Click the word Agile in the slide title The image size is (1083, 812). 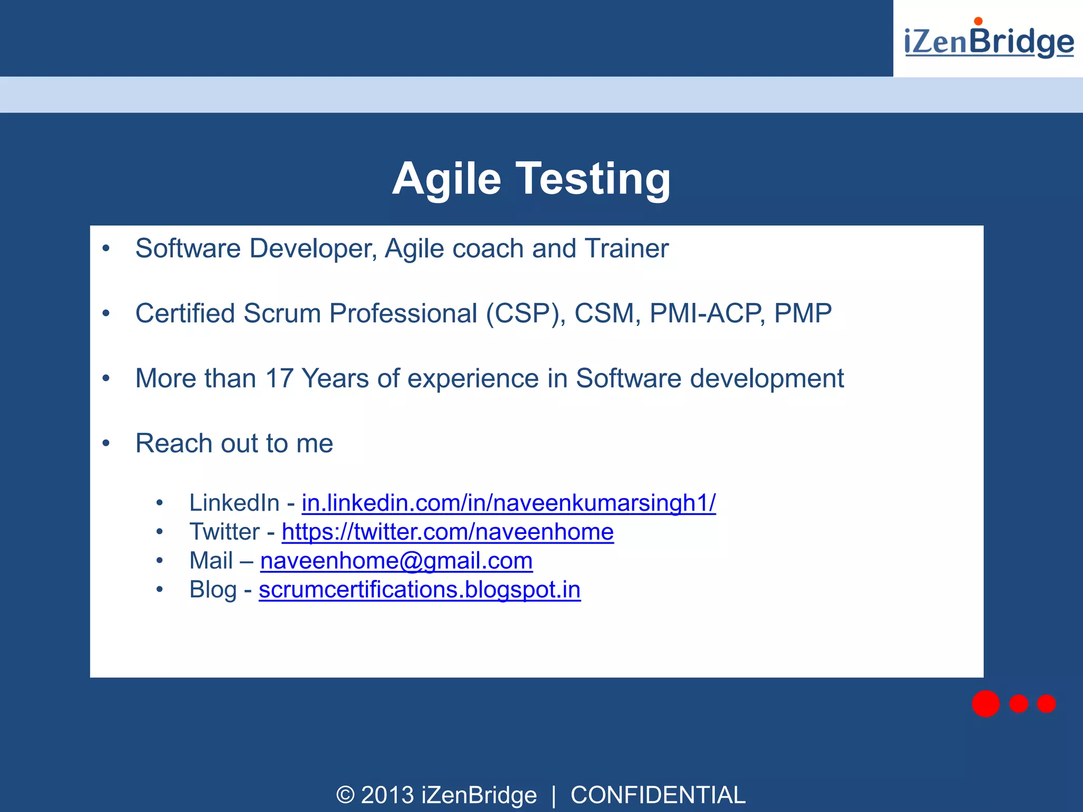click(446, 179)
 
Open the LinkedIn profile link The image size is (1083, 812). click(508, 503)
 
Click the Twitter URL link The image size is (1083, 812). click(447, 532)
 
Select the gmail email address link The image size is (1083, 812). click(396, 561)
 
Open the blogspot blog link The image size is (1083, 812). click(419, 590)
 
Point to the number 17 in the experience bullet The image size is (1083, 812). click(279, 379)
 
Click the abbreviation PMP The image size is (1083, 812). click(803, 313)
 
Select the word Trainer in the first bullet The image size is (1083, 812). click(627, 248)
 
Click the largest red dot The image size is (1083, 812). click(985, 704)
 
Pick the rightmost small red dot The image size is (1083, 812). click(1046, 704)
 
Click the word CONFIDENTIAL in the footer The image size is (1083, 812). click(657, 795)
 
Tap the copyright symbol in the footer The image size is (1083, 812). click(345, 795)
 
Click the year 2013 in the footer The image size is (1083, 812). click(387, 795)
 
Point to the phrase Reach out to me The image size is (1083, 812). click(234, 443)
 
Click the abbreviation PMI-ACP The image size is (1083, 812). click(706, 313)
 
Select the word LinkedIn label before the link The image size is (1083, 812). click(234, 503)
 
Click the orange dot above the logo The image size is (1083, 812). click(978, 21)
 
